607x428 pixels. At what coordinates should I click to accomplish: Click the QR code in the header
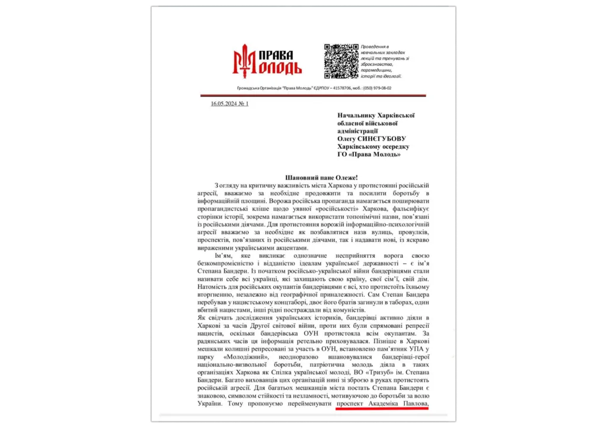point(341,61)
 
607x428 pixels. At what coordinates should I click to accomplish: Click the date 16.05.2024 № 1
point(229,104)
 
